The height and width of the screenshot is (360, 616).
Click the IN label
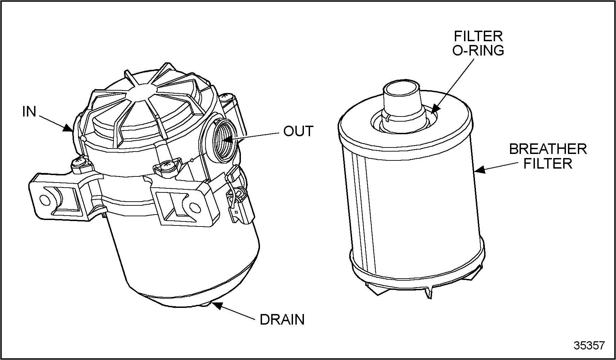point(29,111)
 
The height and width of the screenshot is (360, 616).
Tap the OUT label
point(298,131)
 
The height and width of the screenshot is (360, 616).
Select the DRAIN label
point(282,320)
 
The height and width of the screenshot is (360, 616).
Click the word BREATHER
point(548,149)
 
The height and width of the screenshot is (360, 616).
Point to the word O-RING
point(478,50)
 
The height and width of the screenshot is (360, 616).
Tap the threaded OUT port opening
point(223,140)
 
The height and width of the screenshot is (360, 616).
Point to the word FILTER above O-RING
point(478,36)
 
